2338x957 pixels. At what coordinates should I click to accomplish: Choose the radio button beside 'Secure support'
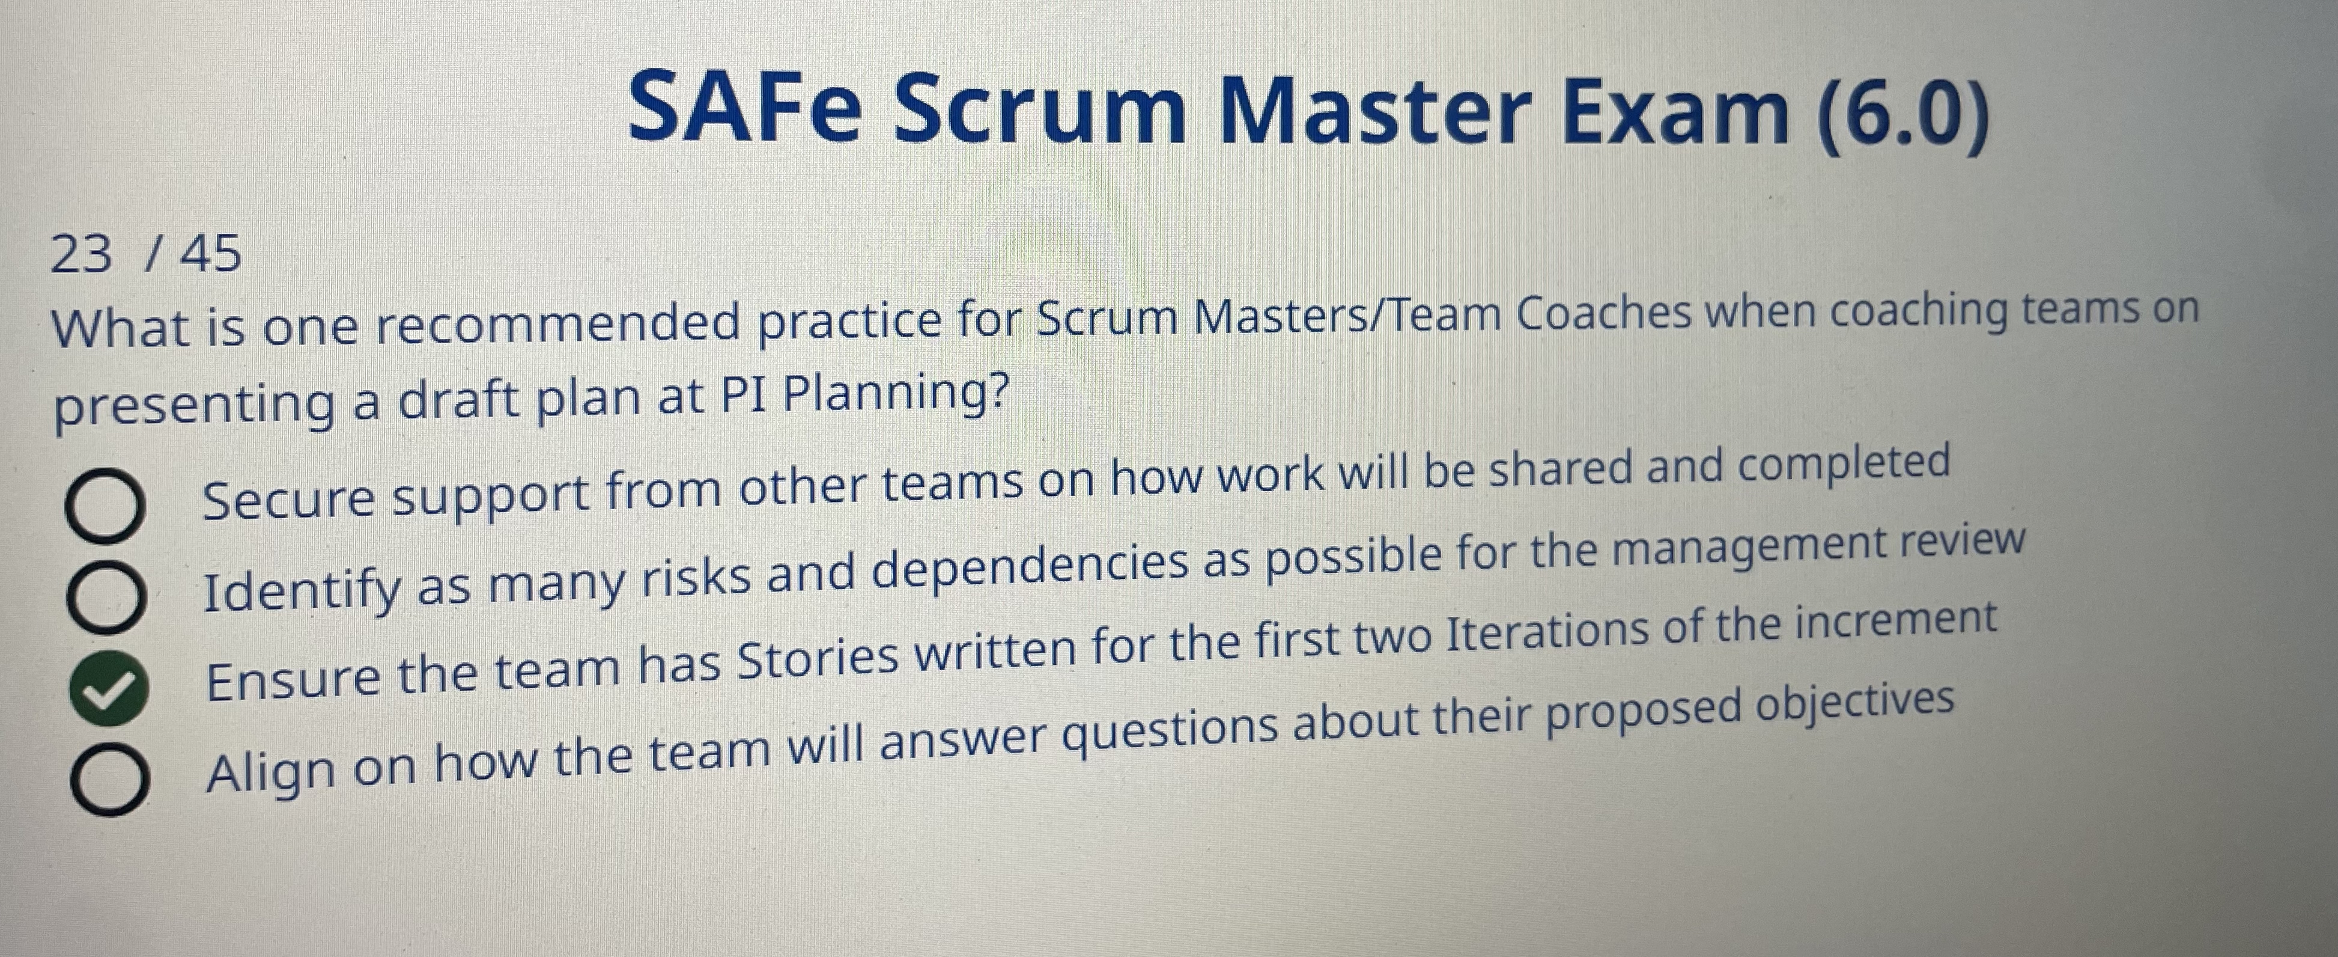(x=103, y=509)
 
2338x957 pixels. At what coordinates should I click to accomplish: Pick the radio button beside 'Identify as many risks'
(x=105, y=598)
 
